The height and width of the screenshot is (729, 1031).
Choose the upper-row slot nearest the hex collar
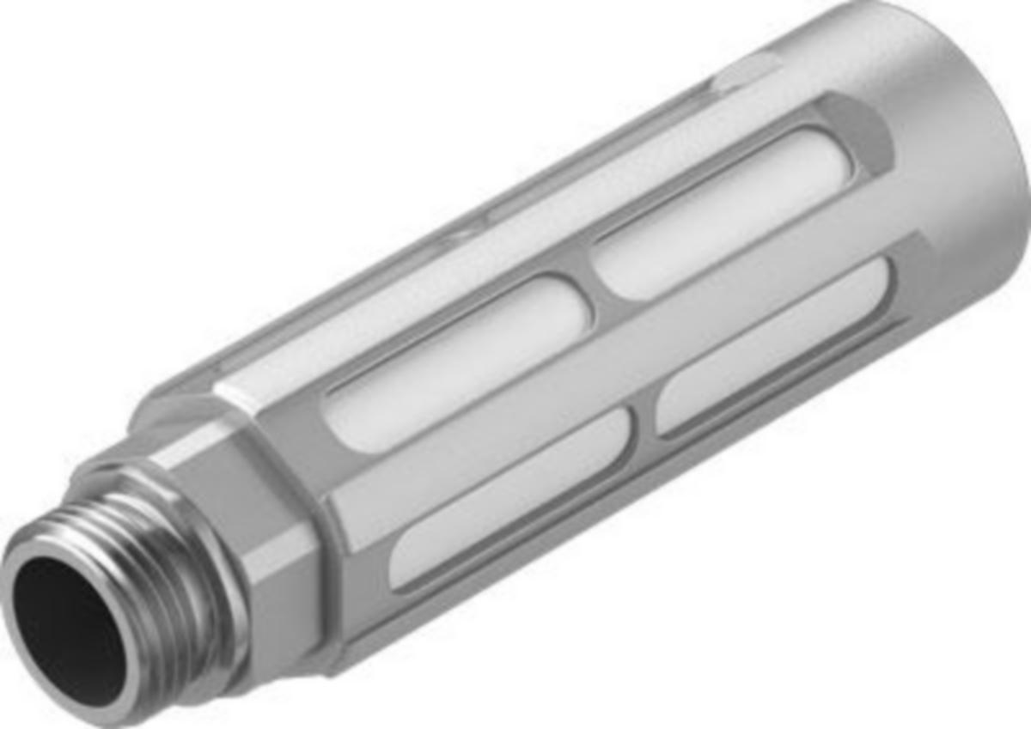pos(455,361)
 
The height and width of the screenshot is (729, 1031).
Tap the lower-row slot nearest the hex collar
pos(507,498)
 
